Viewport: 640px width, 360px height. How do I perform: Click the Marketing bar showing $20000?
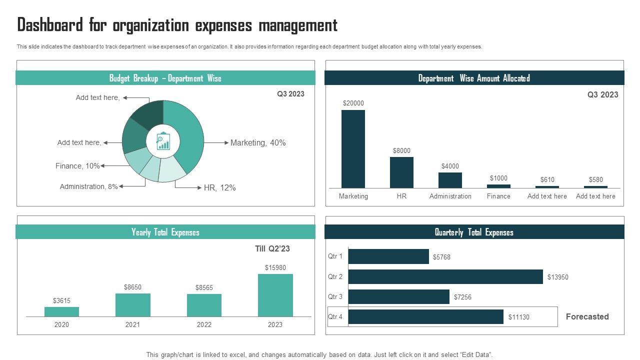[353, 149]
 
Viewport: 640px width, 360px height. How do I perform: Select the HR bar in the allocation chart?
[401, 172]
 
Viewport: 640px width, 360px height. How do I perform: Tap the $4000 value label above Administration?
[450, 166]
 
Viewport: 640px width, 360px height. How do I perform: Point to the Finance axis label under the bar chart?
[498, 196]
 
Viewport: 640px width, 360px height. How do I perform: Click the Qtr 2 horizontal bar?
[445, 276]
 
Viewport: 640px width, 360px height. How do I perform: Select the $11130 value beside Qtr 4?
[518, 317]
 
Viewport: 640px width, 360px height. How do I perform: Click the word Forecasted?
[587, 316]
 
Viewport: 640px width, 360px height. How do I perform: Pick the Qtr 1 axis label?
[335, 256]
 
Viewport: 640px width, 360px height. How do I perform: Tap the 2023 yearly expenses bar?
[275, 295]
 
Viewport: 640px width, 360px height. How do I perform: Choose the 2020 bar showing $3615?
[61, 311]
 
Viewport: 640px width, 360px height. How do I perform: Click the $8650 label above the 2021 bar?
[132, 287]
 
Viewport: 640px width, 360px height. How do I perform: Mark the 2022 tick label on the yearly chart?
[204, 324]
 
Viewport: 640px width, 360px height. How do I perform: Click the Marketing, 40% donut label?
[258, 142]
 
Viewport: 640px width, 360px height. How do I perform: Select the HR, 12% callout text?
[219, 187]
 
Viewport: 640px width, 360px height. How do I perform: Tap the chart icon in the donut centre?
[163, 141]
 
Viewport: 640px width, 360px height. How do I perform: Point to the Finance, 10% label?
[77, 166]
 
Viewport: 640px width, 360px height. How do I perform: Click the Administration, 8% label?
[88, 186]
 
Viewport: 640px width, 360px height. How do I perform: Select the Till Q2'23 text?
[272, 248]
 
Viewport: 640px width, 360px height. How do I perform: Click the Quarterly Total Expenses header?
[474, 232]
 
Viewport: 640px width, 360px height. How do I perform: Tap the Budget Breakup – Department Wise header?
[165, 78]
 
